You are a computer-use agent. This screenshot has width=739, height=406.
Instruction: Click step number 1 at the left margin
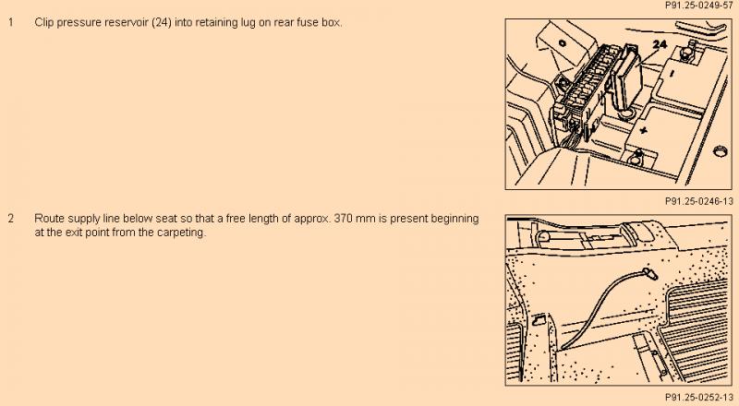(10, 22)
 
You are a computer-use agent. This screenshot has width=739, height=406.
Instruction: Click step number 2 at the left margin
(10, 219)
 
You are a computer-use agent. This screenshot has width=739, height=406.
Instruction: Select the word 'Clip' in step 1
(44, 23)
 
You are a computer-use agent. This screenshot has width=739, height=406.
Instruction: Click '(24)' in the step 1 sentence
(162, 23)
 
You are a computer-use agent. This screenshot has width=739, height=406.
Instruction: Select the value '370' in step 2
(343, 219)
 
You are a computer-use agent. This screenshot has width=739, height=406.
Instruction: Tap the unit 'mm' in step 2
(364, 219)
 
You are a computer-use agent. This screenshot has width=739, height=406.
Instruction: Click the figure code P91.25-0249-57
(699, 6)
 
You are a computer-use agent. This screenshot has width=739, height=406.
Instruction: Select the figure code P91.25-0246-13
(699, 201)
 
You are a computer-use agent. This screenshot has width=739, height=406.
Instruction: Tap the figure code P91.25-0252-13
(699, 397)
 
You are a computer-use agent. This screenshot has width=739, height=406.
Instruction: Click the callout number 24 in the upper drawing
(660, 44)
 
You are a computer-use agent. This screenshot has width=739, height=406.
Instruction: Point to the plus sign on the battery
(644, 130)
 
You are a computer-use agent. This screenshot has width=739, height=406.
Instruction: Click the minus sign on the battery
(672, 73)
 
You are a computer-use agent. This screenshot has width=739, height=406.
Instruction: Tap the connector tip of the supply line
(649, 273)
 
